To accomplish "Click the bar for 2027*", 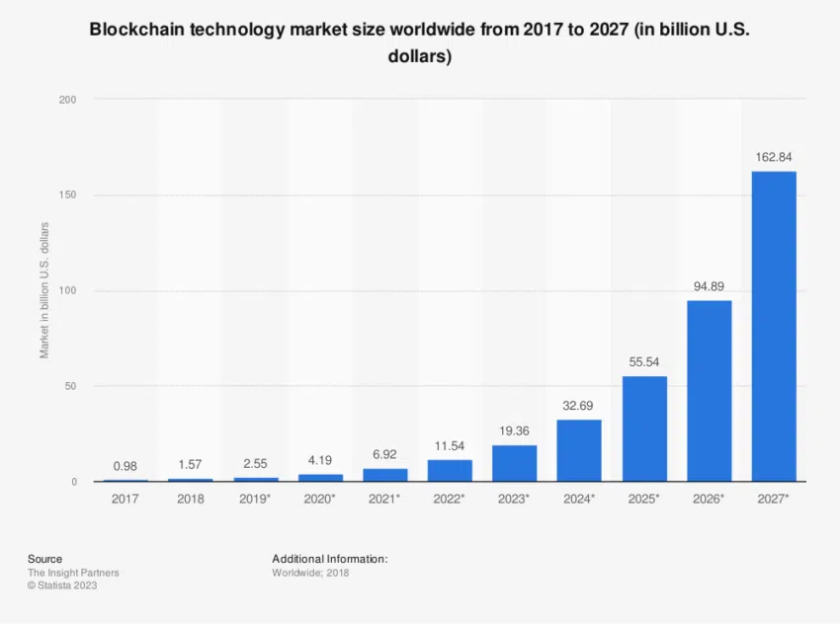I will [774, 326].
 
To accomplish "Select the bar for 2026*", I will [709, 391].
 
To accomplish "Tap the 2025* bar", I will [644, 429].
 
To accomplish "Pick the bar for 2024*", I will [579, 450].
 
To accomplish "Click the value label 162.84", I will [774, 157].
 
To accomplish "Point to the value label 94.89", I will [709, 286].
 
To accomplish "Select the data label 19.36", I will [514, 430].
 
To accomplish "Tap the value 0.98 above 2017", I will [125, 466].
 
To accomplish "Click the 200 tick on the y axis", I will [67, 100].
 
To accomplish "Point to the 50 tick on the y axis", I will [70, 386].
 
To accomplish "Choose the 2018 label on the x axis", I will [190, 499].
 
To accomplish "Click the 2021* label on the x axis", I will [384, 499].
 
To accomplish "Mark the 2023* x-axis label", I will [514, 499].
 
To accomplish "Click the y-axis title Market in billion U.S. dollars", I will [44, 290].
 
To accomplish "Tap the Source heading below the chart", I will [44, 559].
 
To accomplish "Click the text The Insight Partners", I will [73, 573].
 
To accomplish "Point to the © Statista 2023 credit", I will [62, 585].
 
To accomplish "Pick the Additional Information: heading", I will [330, 559].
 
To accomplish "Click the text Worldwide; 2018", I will [310, 573].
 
